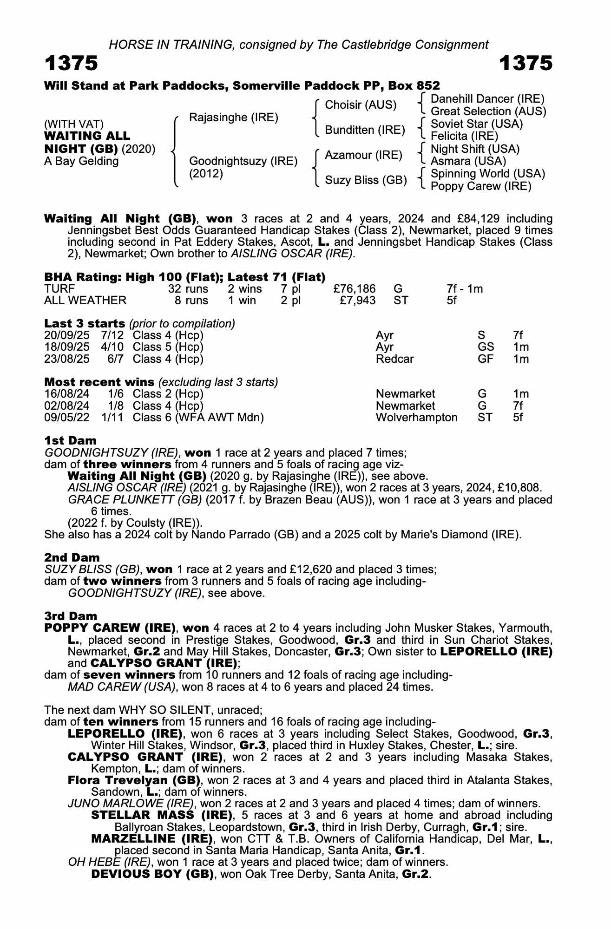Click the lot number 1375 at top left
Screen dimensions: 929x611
coord(71,64)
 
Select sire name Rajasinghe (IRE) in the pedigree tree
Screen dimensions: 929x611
coord(233,118)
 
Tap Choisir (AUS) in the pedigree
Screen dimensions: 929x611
coord(361,105)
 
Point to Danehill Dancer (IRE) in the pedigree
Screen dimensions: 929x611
coord(487,99)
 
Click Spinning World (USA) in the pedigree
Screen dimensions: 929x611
coord(488,174)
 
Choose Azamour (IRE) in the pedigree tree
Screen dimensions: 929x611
coord(363,155)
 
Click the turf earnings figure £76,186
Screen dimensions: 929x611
coord(355,289)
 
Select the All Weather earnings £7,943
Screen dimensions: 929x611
coord(357,301)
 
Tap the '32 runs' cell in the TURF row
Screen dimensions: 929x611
coord(188,289)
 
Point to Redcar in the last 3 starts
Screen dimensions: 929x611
coord(394,359)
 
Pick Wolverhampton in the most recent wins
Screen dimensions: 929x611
coord(416,418)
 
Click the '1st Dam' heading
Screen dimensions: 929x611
coord(70,440)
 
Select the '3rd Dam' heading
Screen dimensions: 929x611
coord(71,616)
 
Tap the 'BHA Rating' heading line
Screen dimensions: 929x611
coord(184,277)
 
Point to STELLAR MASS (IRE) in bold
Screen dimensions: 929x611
coord(161,815)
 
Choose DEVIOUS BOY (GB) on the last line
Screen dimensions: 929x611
coord(152,874)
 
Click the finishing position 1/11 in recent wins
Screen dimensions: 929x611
coord(112,418)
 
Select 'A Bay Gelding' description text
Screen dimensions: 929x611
coord(81,161)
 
